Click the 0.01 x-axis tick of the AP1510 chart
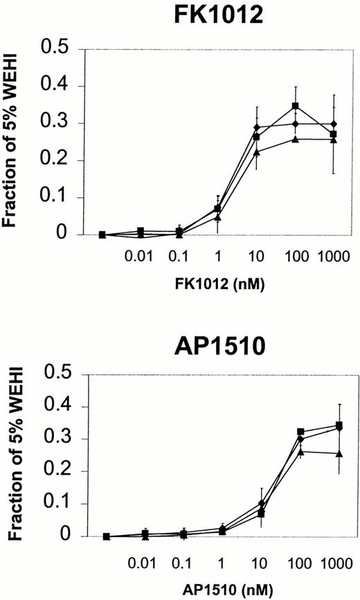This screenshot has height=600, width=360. pyautogui.click(x=141, y=558)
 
